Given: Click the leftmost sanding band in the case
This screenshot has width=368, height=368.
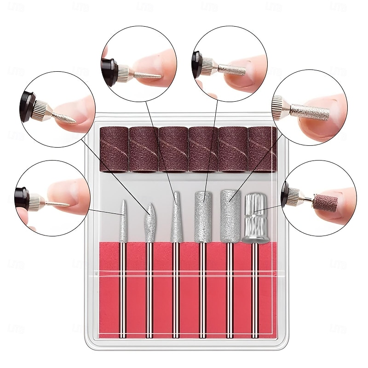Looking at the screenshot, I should [x=114, y=149].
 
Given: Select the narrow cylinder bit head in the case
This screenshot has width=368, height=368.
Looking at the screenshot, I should [x=202, y=216].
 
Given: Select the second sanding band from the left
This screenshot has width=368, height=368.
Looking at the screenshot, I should [x=144, y=149].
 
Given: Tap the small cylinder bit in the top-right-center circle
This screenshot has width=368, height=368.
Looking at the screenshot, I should [x=232, y=69].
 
